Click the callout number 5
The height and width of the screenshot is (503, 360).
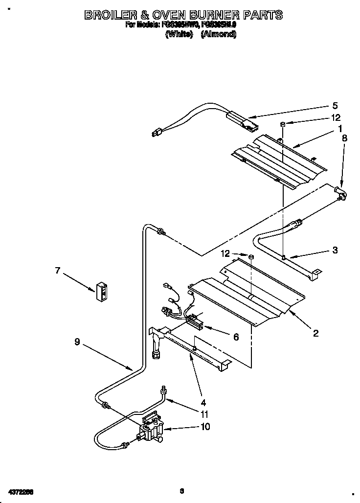[335, 105]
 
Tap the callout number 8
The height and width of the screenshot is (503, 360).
[344, 138]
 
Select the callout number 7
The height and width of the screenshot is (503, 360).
[57, 270]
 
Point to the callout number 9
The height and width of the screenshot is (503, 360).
[77, 343]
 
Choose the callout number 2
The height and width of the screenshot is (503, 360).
[315, 333]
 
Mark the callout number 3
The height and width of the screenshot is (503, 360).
[335, 250]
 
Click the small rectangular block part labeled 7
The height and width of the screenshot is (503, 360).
[102, 292]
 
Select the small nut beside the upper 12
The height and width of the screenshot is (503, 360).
[283, 124]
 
